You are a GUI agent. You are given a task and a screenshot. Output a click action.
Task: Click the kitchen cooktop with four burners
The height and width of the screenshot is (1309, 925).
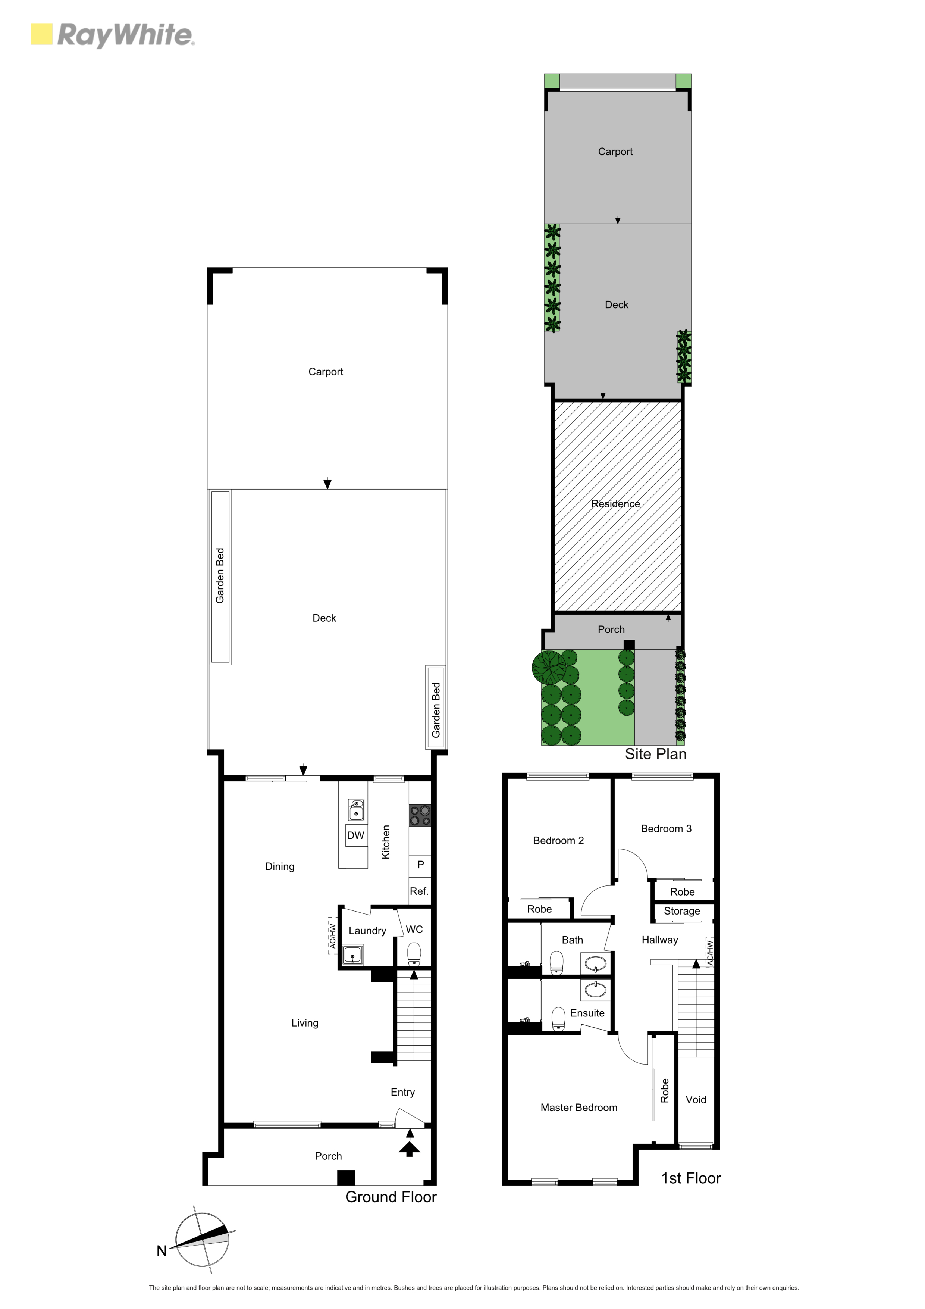click(x=420, y=815)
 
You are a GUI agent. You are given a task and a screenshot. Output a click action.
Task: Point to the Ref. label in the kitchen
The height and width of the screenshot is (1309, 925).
click(x=419, y=891)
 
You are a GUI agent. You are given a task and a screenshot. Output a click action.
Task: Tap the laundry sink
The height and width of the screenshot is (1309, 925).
click(x=353, y=954)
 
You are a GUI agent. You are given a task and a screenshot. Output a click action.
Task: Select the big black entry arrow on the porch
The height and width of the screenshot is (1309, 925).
click(x=409, y=1148)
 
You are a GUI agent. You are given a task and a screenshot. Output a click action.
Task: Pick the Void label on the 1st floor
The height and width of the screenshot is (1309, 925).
click(x=695, y=1099)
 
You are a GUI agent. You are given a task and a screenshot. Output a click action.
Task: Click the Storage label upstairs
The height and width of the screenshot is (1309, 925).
click(x=682, y=911)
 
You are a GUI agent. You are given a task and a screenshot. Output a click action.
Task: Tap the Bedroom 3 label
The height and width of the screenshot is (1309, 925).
click(x=666, y=828)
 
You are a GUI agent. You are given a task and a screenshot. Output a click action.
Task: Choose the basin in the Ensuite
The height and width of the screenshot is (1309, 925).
click(x=596, y=990)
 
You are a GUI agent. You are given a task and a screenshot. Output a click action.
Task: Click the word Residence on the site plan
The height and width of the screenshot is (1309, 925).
click(x=615, y=503)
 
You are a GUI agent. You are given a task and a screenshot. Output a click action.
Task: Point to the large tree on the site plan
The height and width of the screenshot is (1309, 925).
click(x=549, y=667)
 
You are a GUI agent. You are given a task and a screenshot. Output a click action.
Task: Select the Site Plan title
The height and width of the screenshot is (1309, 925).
click(x=655, y=754)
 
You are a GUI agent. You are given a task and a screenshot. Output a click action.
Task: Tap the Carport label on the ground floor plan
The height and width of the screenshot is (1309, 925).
click(x=326, y=372)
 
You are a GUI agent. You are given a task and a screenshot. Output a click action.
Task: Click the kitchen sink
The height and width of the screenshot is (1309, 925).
click(x=356, y=810)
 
